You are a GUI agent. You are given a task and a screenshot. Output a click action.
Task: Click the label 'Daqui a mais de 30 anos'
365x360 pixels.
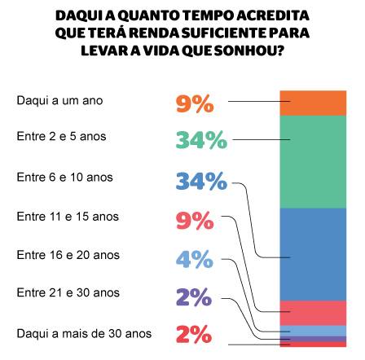84,333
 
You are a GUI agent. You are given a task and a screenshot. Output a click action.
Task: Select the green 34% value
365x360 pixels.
200,140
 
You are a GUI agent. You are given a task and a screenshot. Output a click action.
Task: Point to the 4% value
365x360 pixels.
194,260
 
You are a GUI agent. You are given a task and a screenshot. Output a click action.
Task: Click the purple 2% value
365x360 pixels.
194,298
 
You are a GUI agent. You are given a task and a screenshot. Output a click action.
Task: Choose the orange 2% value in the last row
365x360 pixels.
194,335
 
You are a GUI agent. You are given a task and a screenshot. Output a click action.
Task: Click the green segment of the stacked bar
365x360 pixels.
313,162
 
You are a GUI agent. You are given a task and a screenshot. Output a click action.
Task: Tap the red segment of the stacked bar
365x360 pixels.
313,312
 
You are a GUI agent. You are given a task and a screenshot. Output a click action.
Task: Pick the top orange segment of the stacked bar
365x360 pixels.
313,105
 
